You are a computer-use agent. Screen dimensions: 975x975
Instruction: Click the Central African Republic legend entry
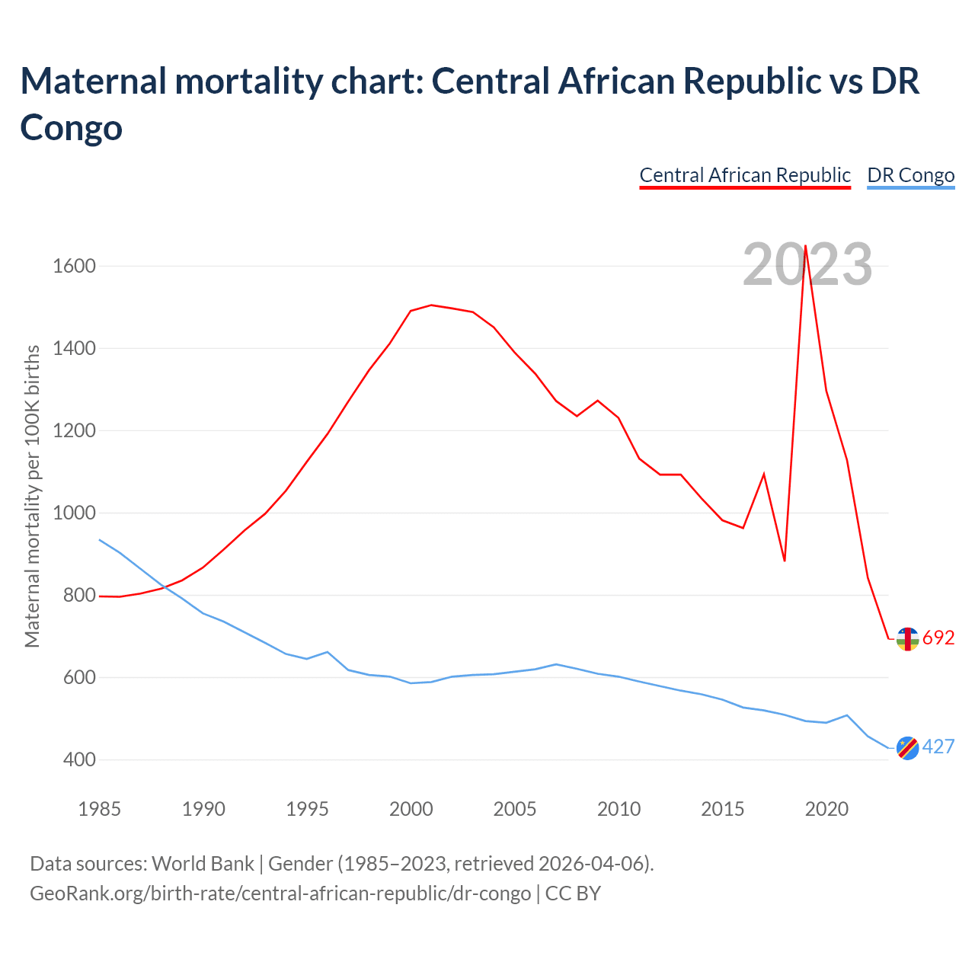pyautogui.click(x=744, y=175)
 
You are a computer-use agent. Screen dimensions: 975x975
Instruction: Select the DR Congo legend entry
pyautogui.click(x=910, y=175)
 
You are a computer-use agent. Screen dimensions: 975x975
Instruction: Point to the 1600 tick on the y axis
pyautogui.click(x=74, y=267)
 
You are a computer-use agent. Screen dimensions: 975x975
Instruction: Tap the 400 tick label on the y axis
pyautogui.click(x=74, y=760)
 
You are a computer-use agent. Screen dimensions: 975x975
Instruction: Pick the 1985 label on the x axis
pyautogui.click(x=100, y=809)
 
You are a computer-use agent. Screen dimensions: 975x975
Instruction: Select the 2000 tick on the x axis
pyautogui.click(x=411, y=809)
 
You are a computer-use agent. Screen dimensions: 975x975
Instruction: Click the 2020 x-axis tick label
pyautogui.click(x=826, y=809)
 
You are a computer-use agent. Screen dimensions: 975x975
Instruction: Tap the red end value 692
pyautogui.click(x=938, y=638)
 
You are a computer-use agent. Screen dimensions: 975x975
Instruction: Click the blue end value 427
pyautogui.click(x=938, y=747)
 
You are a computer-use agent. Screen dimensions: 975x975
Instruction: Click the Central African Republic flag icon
pyautogui.click(x=907, y=639)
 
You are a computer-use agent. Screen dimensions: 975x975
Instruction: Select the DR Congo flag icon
pyautogui.click(x=907, y=748)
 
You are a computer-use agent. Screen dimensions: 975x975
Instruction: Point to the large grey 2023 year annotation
pyautogui.click(x=807, y=265)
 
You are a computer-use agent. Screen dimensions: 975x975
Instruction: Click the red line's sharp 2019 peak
pyautogui.click(x=806, y=246)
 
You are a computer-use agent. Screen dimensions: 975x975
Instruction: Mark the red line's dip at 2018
pyautogui.click(x=785, y=561)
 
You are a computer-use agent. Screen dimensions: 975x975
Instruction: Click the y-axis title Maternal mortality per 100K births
pyautogui.click(x=32, y=497)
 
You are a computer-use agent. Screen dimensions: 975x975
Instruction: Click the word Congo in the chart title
pyautogui.click(x=71, y=127)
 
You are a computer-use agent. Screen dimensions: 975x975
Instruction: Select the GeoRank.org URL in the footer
pyautogui.click(x=280, y=893)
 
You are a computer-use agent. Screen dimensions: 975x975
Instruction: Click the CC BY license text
pyautogui.click(x=574, y=893)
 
